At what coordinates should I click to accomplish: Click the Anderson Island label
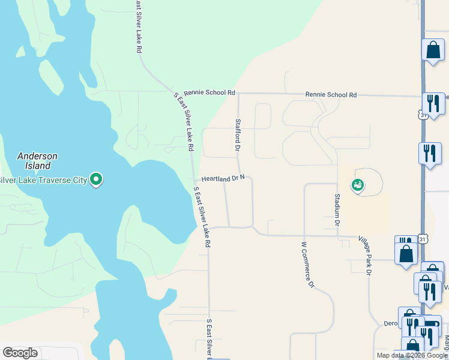coord(37,160)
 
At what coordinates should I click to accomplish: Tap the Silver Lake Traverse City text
coord(41,179)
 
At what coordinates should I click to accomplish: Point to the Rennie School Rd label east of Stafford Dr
coord(331,95)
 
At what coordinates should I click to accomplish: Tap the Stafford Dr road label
coord(238,135)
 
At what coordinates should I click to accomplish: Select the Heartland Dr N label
coord(223,178)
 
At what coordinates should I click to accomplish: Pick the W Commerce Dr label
coord(307,264)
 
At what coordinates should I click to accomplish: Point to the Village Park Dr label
coord(365,254)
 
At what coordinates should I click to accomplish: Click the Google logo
coord(20,353)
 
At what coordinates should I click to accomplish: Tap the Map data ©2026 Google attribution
coord(411,355)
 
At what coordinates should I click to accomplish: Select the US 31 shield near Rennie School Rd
coord(424,114)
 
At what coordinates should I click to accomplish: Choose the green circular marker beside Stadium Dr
coord(358,185)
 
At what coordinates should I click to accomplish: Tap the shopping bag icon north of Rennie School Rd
coord(433,52)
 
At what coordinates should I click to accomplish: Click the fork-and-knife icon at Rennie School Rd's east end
coord(432,103)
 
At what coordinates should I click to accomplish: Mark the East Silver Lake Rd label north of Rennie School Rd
coord(138,27)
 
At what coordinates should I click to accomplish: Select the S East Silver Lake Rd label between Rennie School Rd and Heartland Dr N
coord(184,122)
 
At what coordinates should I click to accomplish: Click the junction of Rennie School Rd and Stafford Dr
coord(238,94)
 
